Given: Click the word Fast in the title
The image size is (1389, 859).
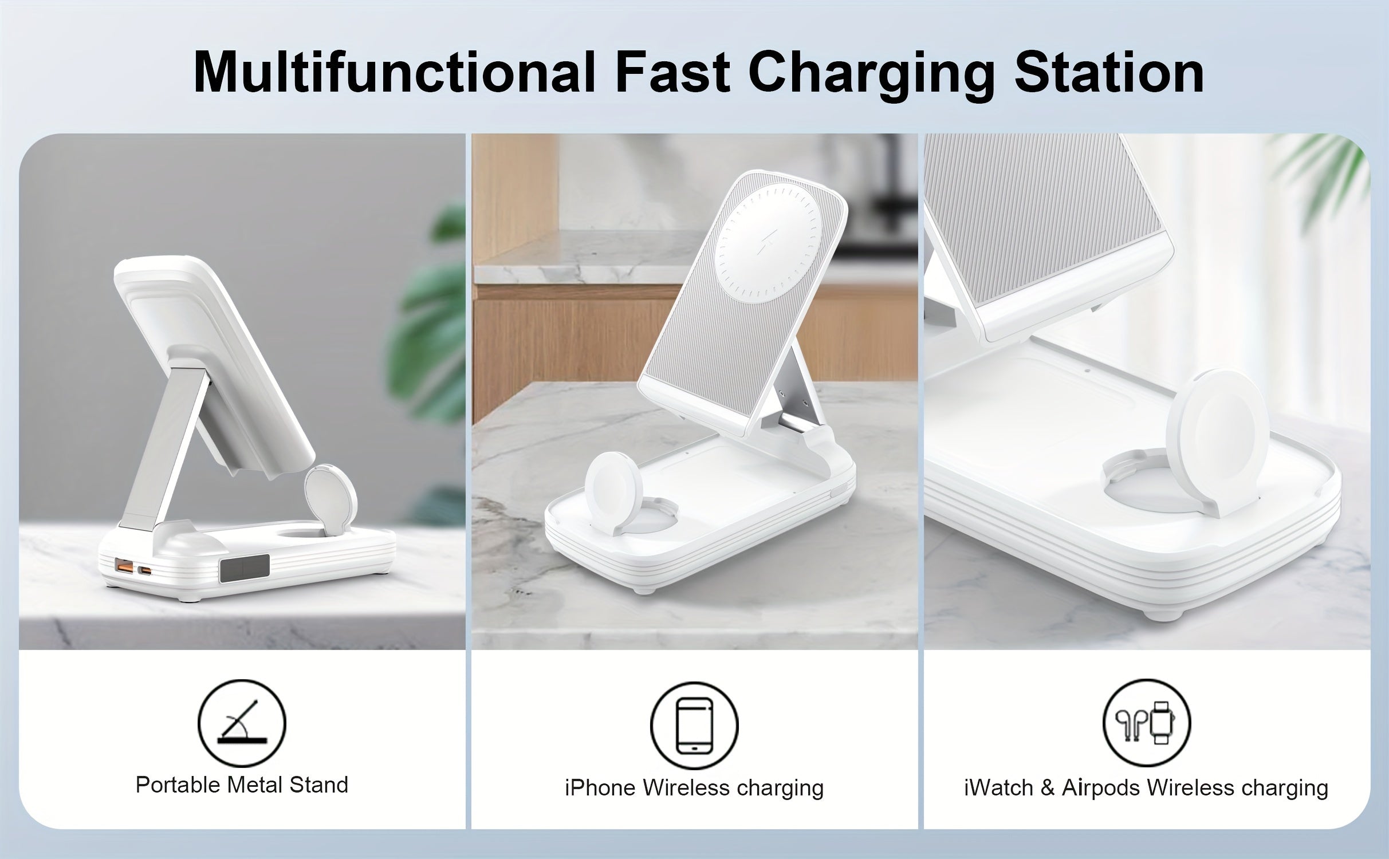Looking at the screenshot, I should point(672,73).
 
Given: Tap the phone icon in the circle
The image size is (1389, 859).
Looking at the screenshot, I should point(694,726).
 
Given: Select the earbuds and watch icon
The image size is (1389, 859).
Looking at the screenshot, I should point(1146,723).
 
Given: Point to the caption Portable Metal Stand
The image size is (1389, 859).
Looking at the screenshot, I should point(241,785).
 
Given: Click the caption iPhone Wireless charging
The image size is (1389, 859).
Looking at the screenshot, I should point(694,788).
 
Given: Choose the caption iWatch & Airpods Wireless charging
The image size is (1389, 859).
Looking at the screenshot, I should point(1146,788).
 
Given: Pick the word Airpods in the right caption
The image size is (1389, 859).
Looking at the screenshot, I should point(1101,788).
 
